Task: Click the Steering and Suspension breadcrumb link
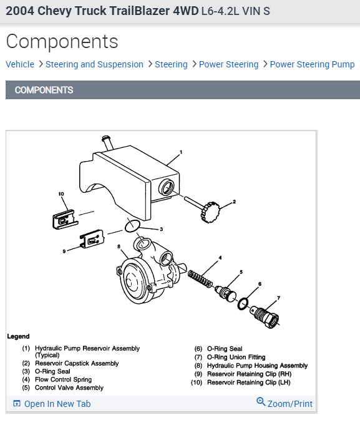(x=94, y=64)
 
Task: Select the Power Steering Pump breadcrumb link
(x=312, y=64)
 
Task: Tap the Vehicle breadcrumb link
(x=20, y=64)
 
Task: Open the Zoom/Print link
(x=285, y=403)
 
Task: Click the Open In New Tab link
(x=52, y=404)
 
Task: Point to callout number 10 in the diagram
(x=61, y=194)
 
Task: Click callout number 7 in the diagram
(x=279, y=298)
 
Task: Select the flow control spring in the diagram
(x=200, y=278)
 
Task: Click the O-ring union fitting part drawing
(x=265, y=316)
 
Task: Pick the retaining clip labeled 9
(x=92, y=238)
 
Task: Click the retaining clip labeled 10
(x=65, y=219)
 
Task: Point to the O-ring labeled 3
(x=132, y=226)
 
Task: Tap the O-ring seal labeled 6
(x=243, y=304)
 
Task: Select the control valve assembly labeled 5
(x=225, y=293)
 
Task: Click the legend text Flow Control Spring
(x=63, y=379)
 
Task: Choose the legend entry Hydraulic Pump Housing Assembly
(x=257, y=366)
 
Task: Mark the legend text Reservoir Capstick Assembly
(x=77, y=363)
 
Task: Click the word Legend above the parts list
(x=18, y=336)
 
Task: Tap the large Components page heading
(x=62, y=41)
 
